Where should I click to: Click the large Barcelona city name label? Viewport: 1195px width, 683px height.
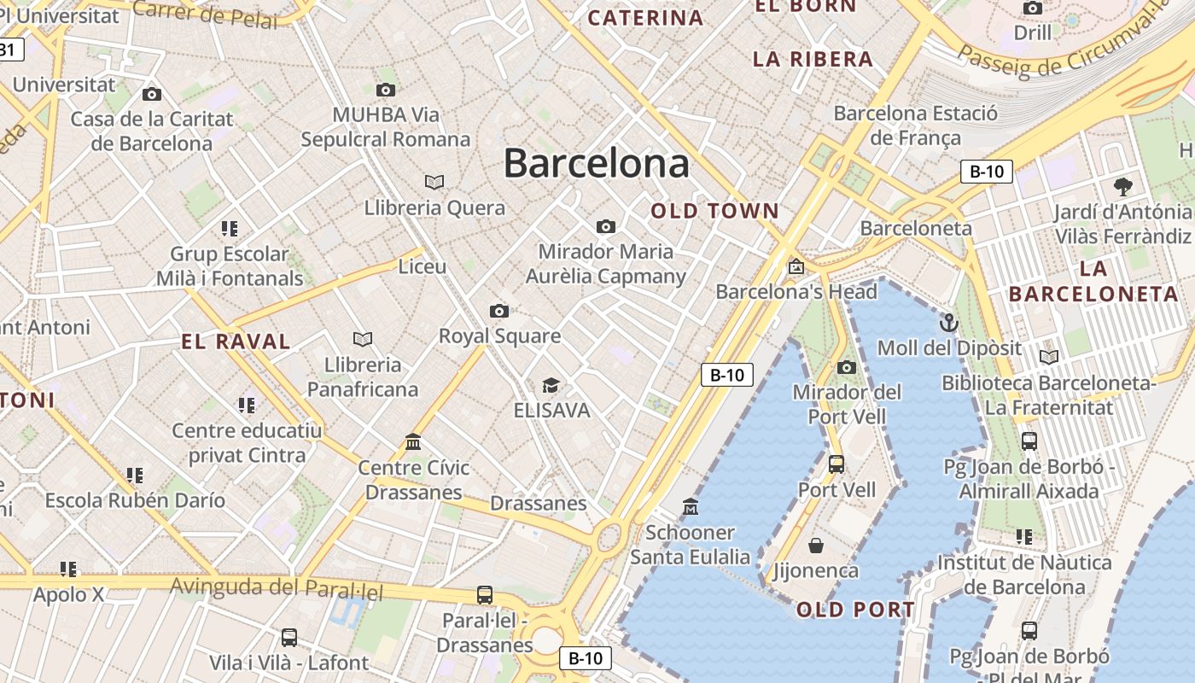click(x=596, y=162)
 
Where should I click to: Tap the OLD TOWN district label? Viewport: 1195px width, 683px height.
click(x=715, y=211)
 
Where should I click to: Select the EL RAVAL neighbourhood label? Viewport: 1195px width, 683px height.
click(x=236, y=342)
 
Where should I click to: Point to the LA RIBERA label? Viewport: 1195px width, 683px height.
click(x=813, y=59)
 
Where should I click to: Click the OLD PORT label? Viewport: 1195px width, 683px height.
click(x=855, y=610)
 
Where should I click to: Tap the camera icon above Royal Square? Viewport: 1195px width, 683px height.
click(x=499, y=311)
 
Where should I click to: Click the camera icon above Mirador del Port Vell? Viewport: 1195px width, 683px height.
click(x=847, y=367)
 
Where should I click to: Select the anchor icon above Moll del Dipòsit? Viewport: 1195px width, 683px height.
click(x=948, y=323)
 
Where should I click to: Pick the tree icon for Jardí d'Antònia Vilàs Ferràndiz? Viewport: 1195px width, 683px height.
click(x=1122, y=186)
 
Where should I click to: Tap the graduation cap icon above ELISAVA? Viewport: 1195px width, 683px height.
click(x=551, y=385)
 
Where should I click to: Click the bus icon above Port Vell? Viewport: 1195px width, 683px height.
click(x=836, y=464)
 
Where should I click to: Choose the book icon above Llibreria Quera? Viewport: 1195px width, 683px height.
click(x=434, y=182)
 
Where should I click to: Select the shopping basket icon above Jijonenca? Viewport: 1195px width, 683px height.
click(x=816, y=545)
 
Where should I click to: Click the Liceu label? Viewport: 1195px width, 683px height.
click(x=423, y=266)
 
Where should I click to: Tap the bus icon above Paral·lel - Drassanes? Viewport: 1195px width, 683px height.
click(x=485, y=594)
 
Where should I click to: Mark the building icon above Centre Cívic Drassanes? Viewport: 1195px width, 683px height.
click(x=413, y=441)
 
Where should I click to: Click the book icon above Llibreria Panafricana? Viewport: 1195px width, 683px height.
click(x=363, y=339)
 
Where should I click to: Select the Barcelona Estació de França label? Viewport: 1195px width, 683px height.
click(x=915, y=126)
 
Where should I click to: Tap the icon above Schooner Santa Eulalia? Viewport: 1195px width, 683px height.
click(x=691, y=507)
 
